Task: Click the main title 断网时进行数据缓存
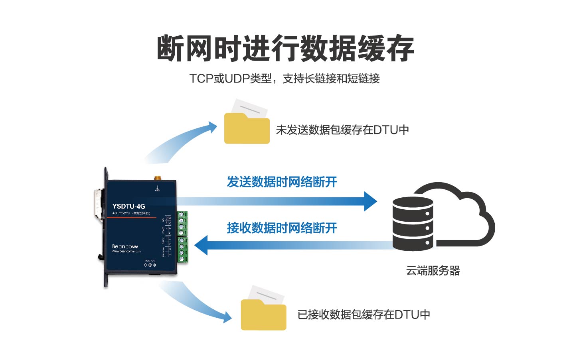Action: (x=285, y=49)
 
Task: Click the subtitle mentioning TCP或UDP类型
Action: (x=284, y=79)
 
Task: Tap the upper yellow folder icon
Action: (x=247, y=127)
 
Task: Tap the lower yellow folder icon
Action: (x=263, y=313)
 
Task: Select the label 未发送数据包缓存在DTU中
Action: (x=342, y=130)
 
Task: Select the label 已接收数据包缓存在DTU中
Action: (x=364, y=315)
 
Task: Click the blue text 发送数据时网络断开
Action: (x=282, y=182)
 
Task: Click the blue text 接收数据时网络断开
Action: (x=282, y=228)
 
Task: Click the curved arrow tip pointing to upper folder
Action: (x=211, y=128)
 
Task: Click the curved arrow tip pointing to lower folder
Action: (x=227, y=317)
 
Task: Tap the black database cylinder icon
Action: (x=413, y=223)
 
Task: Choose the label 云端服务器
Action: (x=433, y=271)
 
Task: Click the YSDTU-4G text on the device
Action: (x=128, y=206)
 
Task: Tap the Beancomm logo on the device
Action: (x=125, y=247)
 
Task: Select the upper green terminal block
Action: (x=182, y=224)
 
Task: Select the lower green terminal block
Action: (x=183, y=250)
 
